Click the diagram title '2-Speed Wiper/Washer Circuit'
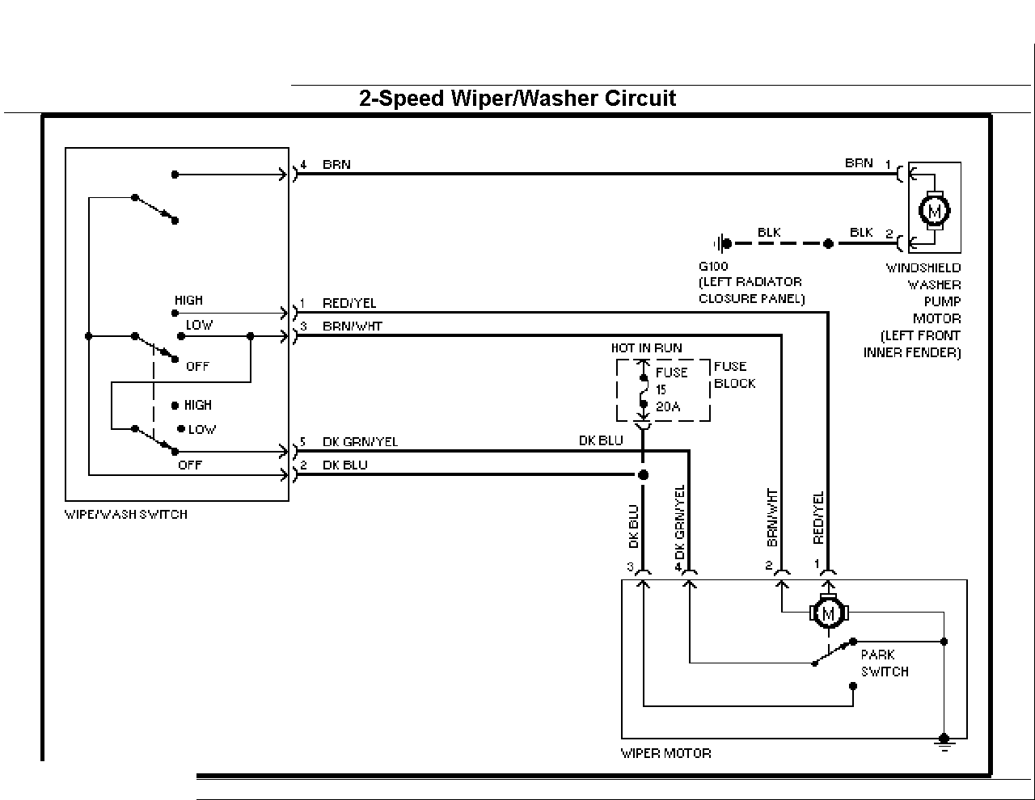click(x=517, y=99)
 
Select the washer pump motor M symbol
click(x=934, y=211)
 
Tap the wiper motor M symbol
click(x=829, y=614)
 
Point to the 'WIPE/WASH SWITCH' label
click(x=126, y=515)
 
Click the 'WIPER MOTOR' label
click(x=665, y=753)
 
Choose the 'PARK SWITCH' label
click(x=885, y=663)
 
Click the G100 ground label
click(x=713, y=267)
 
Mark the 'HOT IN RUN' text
click(x=646, y=348)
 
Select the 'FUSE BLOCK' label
click(x=734, y=375)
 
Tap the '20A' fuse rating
click(x=668, y=407)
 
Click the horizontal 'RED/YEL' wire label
click(x=349, y=303)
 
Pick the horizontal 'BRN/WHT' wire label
click(x=352, y=326)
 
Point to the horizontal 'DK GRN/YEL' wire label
click(x=360, y=442)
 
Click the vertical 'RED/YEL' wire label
click(x=818, y=518)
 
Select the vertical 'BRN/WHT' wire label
click(x=772, y=517)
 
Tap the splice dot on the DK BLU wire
click(x=643, y=475)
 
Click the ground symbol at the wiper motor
click(x=944, y=743)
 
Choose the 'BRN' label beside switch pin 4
click(x=336, y=165)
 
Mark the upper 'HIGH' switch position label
click(x=188, y=301)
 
